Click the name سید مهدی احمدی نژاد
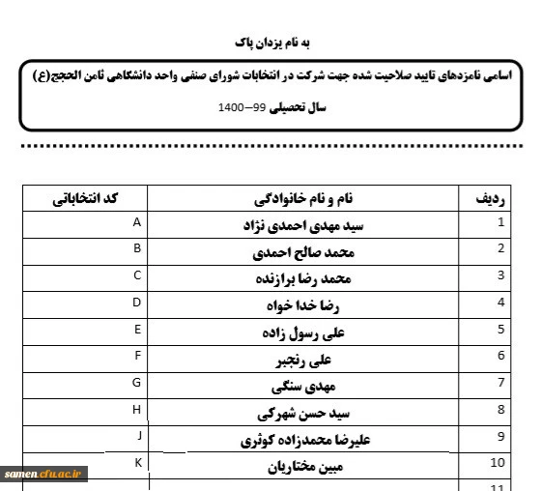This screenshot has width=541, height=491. (303, 226)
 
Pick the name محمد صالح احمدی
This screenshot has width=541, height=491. (303, 253)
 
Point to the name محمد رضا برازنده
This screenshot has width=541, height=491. (303, 279)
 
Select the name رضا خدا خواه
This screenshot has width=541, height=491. (303, 305)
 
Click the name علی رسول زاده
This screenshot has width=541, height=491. (303, 332)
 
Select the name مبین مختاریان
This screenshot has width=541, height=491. (303, 467)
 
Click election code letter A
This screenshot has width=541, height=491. (137, 223)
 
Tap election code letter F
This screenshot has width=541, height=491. (138, 357)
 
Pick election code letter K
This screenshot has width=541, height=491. (138, 463)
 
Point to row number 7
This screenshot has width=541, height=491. (500, 383)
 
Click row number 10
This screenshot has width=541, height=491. (498, 463)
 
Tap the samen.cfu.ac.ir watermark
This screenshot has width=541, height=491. (45, 473)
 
